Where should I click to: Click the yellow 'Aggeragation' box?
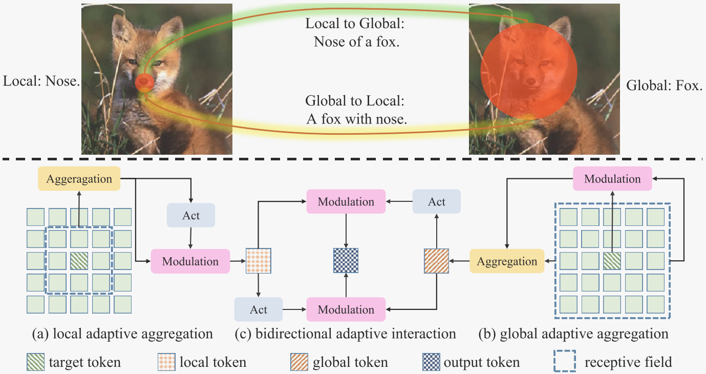[79, 179]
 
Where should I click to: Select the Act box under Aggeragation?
[191, 215]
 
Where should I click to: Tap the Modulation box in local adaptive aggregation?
[190, 261]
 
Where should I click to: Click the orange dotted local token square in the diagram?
[258, 261]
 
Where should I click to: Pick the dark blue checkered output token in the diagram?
[346, 261]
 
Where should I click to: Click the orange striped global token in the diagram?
[436, 261]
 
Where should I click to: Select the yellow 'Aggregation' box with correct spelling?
[507, 261]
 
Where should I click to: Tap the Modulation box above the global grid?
[612, 179]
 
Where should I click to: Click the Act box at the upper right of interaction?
[437, 202]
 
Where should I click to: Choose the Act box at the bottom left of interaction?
[259, 309]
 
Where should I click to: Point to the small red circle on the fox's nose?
[144, 82]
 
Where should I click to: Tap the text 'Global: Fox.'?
[664, 86]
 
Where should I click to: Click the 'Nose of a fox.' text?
[356, 41]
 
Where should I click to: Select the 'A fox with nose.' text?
[357, 118]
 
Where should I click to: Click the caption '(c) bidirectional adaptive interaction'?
[345, 334]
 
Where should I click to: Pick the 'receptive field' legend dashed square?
[565, 362]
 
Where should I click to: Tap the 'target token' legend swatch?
[36, 363]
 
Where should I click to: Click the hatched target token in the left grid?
[79, 261]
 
